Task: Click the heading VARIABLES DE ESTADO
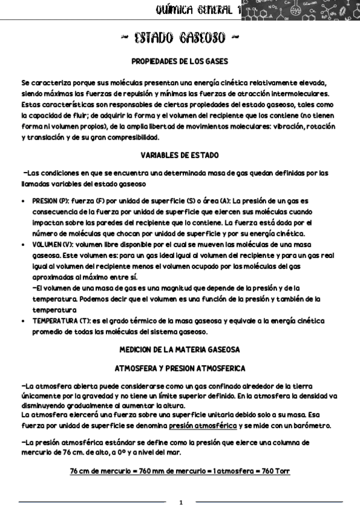(180, 155)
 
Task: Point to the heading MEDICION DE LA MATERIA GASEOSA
(180, 349)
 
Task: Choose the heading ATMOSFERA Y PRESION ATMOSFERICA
(179, 366)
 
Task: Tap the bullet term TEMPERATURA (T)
(59, 321)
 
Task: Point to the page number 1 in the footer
(180, 502)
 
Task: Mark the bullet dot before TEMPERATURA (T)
(23, 321)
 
